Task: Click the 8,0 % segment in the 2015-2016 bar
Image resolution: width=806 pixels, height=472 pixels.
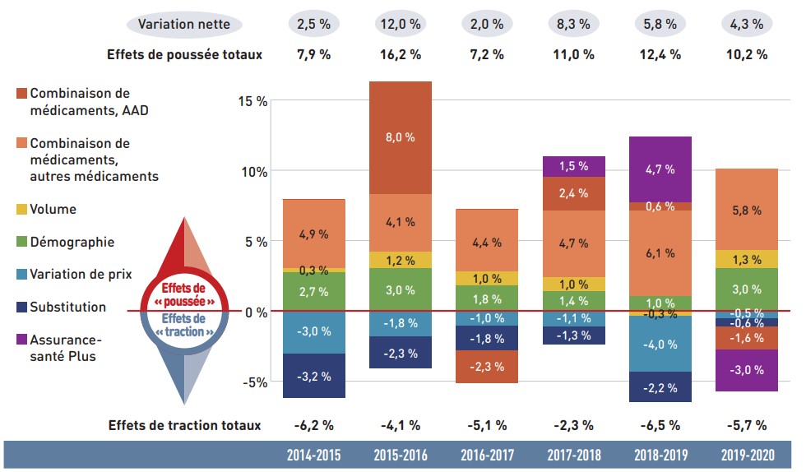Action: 400,137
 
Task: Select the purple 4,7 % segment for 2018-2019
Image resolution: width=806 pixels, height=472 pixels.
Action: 660,169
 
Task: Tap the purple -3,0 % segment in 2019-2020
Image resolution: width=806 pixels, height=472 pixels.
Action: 747,370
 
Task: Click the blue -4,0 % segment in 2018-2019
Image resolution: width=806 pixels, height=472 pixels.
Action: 660,344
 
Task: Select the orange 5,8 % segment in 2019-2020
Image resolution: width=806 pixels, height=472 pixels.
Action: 747,210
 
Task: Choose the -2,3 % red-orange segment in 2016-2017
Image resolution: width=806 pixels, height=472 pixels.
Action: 487,367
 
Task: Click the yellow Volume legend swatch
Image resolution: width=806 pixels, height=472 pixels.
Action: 21,209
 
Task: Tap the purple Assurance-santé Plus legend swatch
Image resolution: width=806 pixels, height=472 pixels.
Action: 21,340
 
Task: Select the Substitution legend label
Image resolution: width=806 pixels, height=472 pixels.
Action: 68,307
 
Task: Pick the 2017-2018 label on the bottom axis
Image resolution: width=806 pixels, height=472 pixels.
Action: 574,455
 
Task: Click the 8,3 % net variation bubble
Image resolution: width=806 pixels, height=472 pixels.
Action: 573,24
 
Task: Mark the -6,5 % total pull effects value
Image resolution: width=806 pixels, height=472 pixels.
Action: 660,425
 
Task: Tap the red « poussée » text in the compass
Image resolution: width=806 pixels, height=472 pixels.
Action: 182,302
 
